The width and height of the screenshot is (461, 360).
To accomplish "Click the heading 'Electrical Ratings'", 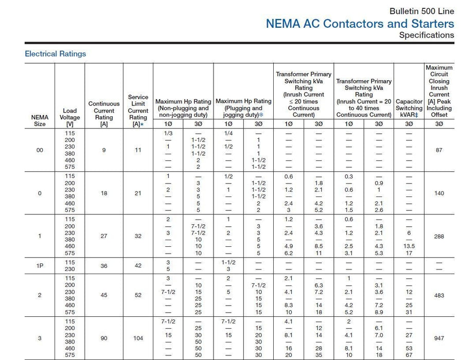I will [x=56, y=53].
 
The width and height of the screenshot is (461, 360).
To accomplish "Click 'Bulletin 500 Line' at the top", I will [x=421, y=11].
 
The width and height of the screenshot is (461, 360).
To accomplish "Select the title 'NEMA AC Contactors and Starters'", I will [x=360, y=23].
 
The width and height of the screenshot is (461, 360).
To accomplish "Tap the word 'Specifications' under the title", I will [x=427, y=35].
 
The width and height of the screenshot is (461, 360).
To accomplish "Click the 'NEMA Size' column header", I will [x=40, y=120].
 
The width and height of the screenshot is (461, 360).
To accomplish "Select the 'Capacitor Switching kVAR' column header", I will [x=409, y=108].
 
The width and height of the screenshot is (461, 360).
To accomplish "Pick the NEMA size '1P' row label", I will [x=40, y=265].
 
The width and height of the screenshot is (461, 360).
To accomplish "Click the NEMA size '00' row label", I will [x=40, y=150].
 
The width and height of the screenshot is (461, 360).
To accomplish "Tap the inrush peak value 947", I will [x=439, y=338].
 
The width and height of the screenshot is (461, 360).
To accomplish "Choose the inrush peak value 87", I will [x=439, y=150].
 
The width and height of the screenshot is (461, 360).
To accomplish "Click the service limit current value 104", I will [x=138, y=338].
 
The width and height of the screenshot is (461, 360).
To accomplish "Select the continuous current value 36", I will [x=104, y=265].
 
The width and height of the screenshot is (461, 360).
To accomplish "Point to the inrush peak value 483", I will [x=439, y=295].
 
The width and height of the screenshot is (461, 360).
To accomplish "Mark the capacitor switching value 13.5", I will [x=409, y=246].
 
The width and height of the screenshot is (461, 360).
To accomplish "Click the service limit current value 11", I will [x=138, y=150].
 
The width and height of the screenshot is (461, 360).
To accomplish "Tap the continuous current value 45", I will [x=104, y=295].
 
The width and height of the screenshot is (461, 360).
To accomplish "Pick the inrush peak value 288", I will [x=439, y=236].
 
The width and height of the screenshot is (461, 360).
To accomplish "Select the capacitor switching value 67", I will [x=409, y=355].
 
